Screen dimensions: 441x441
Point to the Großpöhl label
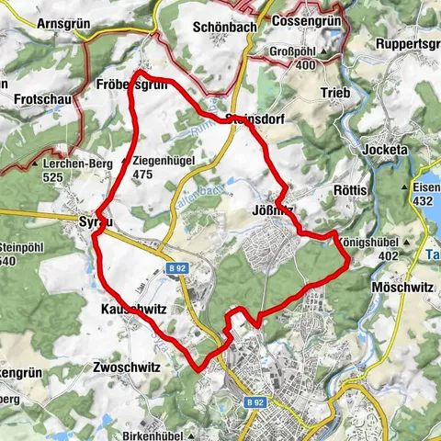click(x=294, y=51)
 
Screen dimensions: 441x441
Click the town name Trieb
click(x=336, y=93)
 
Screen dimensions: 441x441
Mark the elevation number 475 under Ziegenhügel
click(x=141, y=173)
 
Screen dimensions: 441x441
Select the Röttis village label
click(x=351, y=190)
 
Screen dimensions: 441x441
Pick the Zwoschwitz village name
click(x=127, y=366)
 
